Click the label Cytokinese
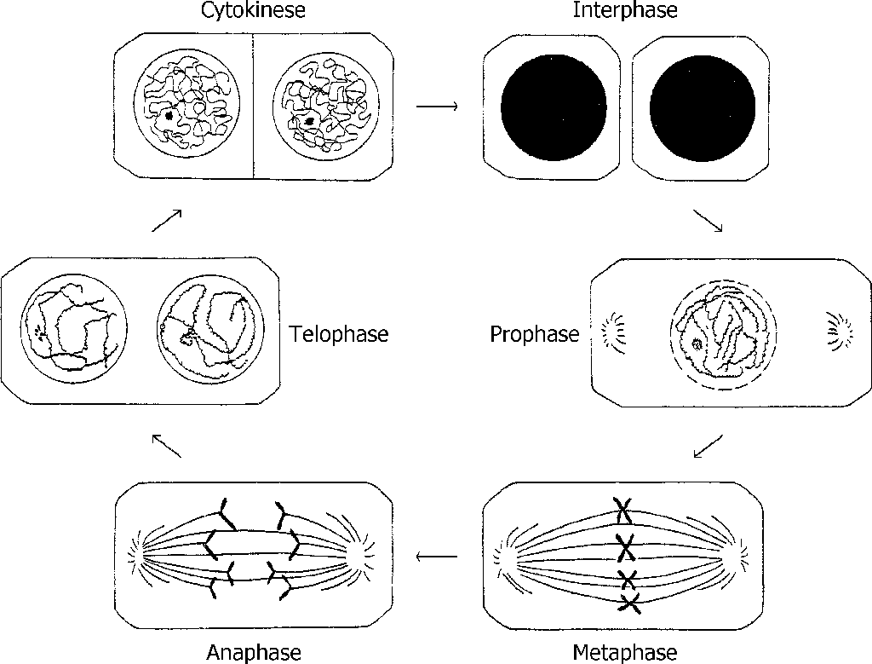[x=254, y=11]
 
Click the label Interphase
[x=625, y=11]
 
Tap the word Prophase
[x=534, y=334]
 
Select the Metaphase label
[x=625, y=652]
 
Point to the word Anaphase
[x=254, y=652]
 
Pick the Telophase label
[x=338, y=334]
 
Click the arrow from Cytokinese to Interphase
[x=438, y=107]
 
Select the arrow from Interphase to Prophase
[x=708, y=221]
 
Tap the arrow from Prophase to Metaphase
[x=708, y=446]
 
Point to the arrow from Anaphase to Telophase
[x=166, y=446]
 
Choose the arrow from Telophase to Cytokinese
[x=166, y=221]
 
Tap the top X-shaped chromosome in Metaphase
[x=624, y=511]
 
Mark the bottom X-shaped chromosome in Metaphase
[x=629, y=603]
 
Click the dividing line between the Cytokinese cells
[x=254, y=107]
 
